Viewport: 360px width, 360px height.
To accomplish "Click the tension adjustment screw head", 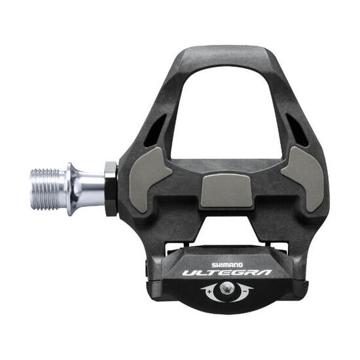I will tap(225, 289).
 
